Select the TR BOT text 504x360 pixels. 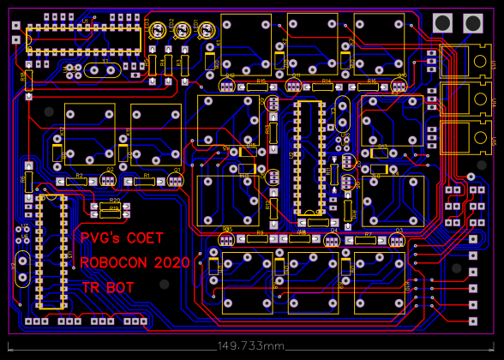click(108, 288)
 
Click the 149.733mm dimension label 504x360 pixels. click(250, 345)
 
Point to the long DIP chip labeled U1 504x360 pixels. click(83, 39)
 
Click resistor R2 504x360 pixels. click(80, 181)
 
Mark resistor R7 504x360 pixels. click(368, 239)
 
